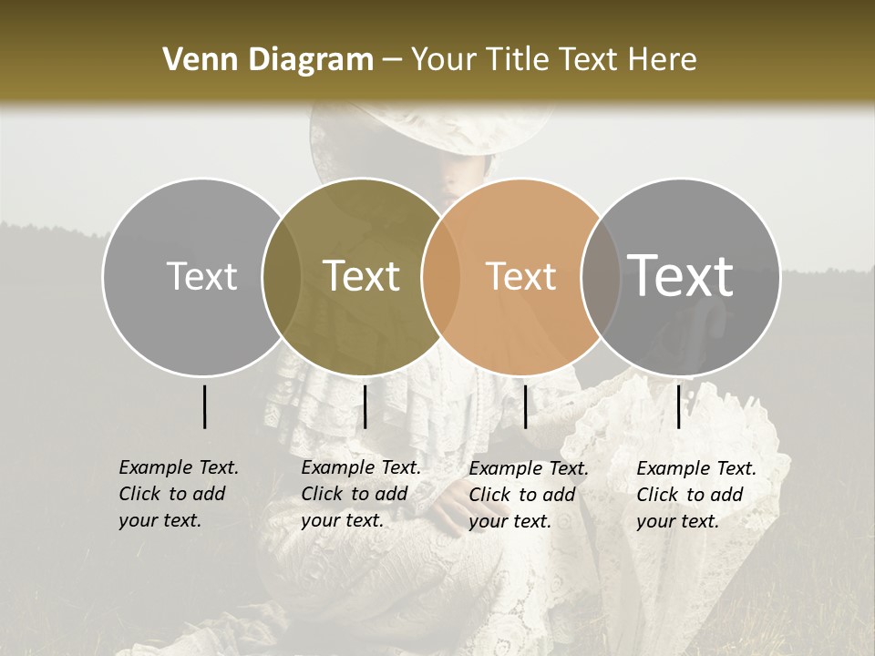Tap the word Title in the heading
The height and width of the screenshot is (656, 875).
[x=521, y=60]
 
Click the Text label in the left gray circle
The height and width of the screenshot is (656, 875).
[x=202, y=276]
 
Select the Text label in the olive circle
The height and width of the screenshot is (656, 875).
[x=362, y=276]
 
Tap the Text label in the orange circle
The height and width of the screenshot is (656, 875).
[x=521, y=276]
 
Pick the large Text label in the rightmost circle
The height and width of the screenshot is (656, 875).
[x=681, y=275]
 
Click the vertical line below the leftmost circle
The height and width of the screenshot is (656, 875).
[x=204, y=406]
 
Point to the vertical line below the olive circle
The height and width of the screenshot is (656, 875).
[x=365, y=406]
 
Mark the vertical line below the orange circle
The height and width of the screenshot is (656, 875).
[x=525, y=406]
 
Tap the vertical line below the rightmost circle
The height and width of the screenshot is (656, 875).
[x=678, y=406]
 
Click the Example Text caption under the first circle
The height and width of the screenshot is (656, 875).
[x=178, y=494]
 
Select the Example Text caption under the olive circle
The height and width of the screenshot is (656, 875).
[x=360, y=494]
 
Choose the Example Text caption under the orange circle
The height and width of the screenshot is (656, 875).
[x=528, y=495]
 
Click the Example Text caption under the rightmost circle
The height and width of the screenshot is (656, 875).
[x=695, y=495]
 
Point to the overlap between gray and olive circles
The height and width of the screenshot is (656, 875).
[x=282, y=276]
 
